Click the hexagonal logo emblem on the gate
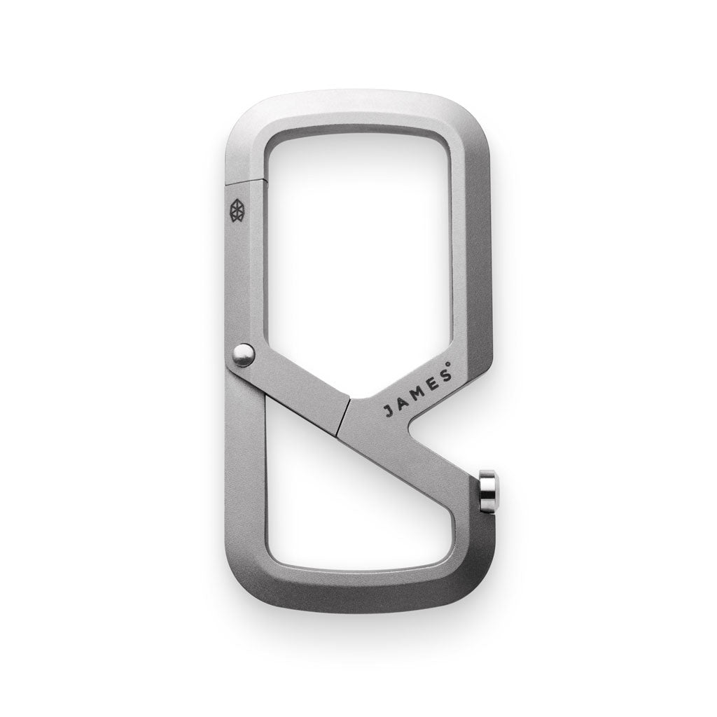pyautogui.click(x=237, y=210)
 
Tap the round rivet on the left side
pyautogui.click(x=243, y=355)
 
